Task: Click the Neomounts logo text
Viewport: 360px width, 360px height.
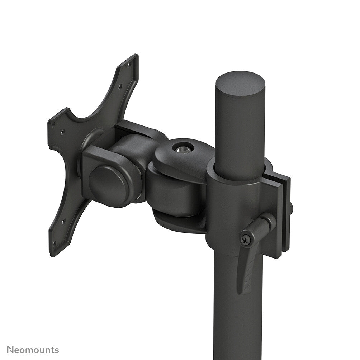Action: point(33,350)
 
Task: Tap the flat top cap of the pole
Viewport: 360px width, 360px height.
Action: point(240,84)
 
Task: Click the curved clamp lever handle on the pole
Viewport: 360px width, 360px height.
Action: point(251,258)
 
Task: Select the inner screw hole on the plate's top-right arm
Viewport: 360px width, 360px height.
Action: point(120,86)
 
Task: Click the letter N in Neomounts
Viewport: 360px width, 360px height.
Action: point(10,350)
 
